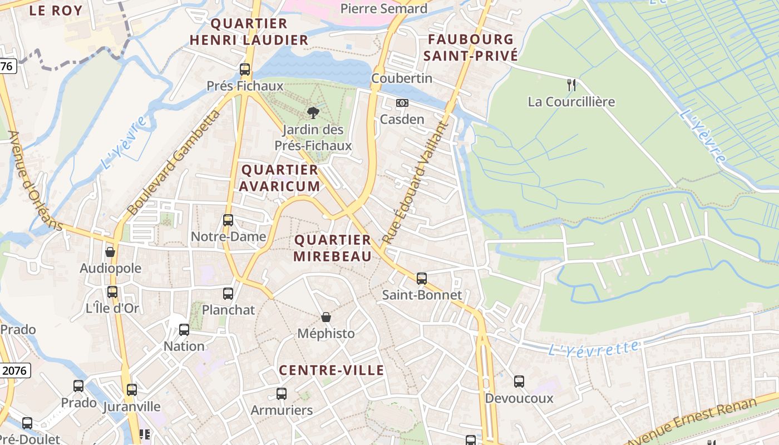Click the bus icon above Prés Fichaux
[x=245, y=70]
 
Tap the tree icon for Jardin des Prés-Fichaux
[x=313, y=113]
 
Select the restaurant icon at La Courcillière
[x=571, y=85]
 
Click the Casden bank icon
[x=402, y=103]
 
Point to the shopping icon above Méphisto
[x=326, y=317]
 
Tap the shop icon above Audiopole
[x=110, y=252]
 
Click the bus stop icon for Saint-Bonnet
[x=422, y=278]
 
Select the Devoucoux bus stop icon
[x=519, y=381]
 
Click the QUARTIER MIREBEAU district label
[x=333, y=248]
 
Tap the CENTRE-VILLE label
[x=332, y=370]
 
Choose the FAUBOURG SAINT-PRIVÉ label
[x=471, y=47]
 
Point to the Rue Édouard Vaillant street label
[x=415, y=182]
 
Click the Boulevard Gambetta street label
[x=174, y=163]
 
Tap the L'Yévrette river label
[x=593, y=349]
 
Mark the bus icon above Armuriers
[x=282, y=394]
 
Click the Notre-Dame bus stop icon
[x=228, y=220]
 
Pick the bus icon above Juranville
[x=132, y=390]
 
